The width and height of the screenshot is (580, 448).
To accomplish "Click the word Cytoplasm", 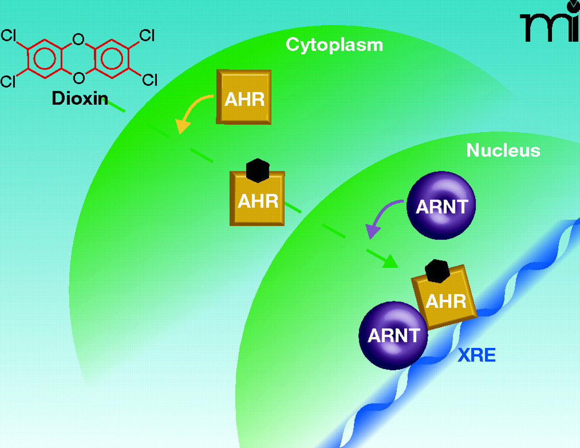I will [334, 45].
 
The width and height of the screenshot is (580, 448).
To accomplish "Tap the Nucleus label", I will [503, 150].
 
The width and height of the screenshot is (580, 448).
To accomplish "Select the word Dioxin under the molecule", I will [80, 98].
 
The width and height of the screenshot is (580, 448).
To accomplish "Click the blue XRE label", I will [476, 355].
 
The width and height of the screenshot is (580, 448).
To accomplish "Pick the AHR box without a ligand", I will [244, 97].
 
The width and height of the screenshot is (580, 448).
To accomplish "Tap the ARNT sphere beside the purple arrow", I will [441, 206].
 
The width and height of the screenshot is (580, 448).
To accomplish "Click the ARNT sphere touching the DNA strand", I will [393, 336].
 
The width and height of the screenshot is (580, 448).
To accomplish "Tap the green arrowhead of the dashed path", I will [389, 262].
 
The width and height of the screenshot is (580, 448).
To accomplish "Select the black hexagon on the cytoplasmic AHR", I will [258, 170].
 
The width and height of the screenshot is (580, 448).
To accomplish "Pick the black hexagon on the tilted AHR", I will [437, 271].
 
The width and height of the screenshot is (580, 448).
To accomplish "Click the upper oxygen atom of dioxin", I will [78, 39].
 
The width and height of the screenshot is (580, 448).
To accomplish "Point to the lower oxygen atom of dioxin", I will [78, 78].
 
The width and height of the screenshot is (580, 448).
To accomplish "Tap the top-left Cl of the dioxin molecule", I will [8, 35].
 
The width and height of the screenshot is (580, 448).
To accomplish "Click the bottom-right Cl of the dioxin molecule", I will [150, 80].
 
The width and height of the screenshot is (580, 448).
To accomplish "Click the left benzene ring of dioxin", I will [44, 58].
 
